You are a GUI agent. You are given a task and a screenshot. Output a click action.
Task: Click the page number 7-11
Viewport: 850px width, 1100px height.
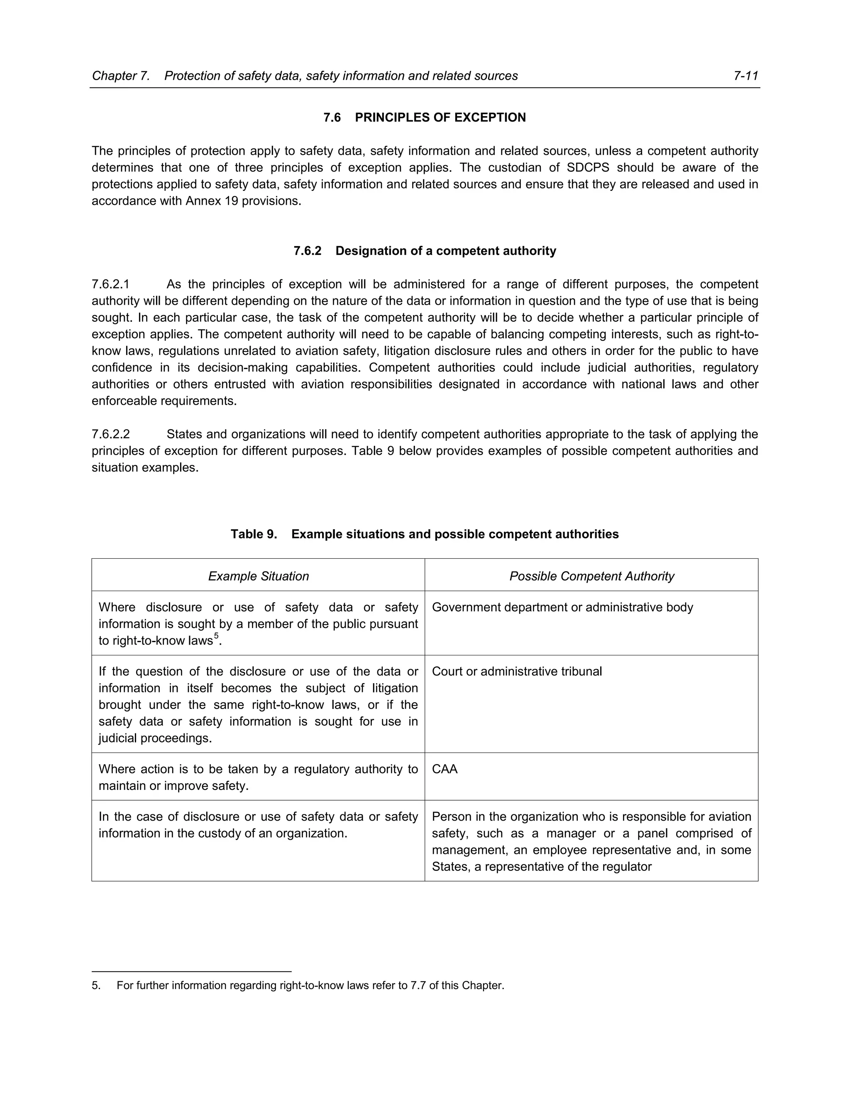click(746, 76)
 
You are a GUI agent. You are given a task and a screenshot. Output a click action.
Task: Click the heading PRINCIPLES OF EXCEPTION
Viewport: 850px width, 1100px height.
click(440, 117)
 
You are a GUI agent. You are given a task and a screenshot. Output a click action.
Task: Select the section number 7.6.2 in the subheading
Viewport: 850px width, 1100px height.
click(307, 251)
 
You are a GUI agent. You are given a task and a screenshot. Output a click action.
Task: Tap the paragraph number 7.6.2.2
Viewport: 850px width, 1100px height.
click(111, 434)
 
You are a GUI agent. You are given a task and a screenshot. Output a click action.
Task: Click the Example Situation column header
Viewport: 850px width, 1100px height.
click(258, 576)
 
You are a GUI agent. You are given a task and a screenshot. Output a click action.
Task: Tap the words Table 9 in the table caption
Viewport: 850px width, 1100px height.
click(253, 534)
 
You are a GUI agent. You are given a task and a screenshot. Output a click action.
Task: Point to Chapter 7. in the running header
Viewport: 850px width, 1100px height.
click(121, 76)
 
